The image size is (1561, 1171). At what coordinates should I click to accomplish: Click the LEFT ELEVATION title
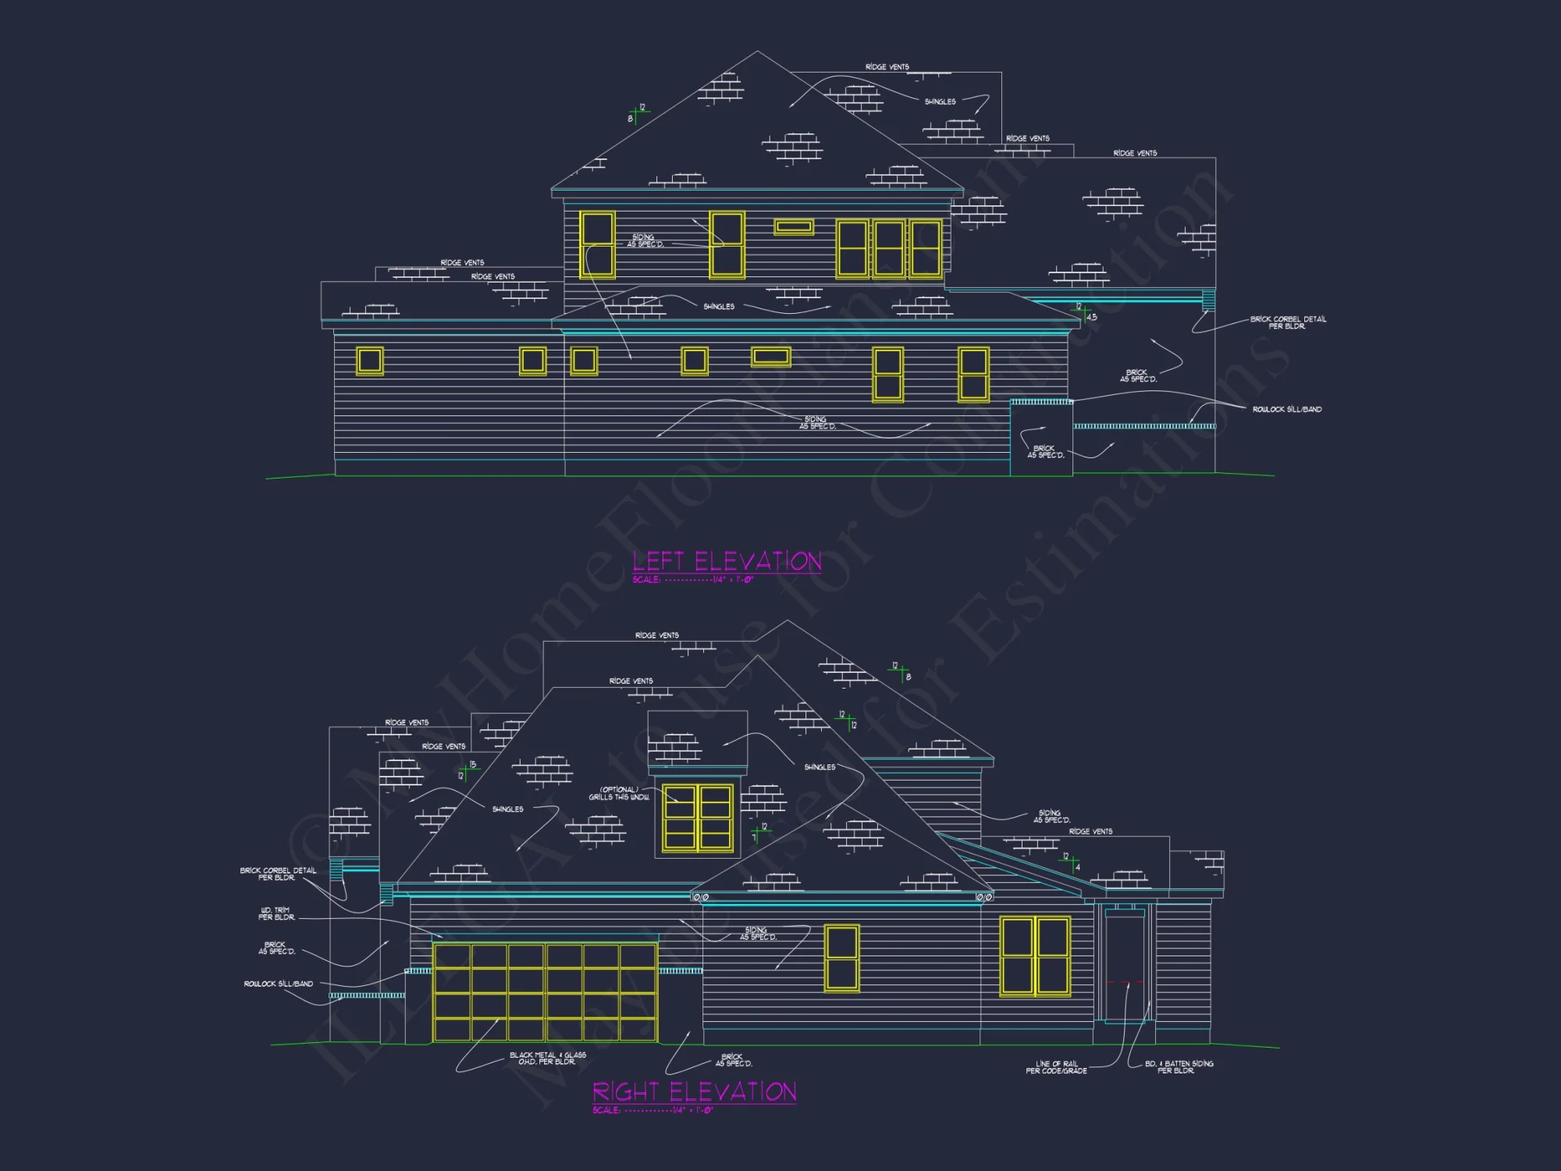click(727, 561)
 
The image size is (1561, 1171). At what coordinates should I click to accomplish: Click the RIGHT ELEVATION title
click(694, 1091)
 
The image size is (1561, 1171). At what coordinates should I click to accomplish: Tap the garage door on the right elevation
click(545, 992)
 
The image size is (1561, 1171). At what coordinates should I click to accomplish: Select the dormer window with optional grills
click(697, 817)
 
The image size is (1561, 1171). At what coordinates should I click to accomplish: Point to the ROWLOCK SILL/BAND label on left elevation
click(1286, 409)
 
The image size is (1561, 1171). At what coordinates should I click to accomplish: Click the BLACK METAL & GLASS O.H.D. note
click(547, 1059)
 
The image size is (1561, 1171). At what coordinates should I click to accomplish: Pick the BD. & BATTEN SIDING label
click(1179, 1067)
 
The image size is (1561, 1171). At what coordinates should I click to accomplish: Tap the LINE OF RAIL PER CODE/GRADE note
click(1056, 1067)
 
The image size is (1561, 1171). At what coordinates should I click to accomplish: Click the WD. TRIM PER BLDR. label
click(276, 913)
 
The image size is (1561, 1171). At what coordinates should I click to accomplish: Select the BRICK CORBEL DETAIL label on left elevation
click(1288, 322)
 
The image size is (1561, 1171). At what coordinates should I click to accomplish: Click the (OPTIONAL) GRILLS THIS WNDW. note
click(619, 793)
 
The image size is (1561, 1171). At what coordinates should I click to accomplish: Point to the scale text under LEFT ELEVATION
click(692, 580)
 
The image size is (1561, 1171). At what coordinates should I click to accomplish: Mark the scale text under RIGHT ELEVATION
click(652, 1110)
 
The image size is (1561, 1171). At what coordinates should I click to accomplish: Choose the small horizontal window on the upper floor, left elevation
click(793, 226)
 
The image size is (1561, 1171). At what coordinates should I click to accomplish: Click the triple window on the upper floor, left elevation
click(888, 249)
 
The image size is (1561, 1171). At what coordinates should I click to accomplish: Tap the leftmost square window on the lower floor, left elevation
click(370, 361)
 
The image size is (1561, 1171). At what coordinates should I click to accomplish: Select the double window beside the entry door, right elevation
click(1035, 957)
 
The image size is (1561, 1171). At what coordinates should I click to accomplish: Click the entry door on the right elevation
click(1125, 966)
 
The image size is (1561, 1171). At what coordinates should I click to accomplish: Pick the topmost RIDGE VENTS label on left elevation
click(887, 67)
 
